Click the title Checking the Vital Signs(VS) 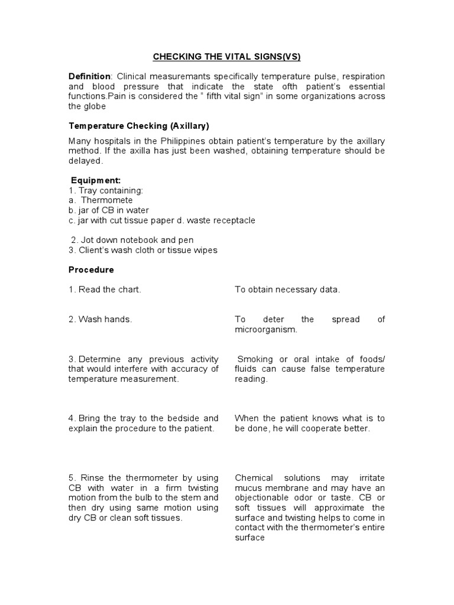227,57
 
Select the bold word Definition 89,76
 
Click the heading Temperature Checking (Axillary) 139,126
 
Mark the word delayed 85,161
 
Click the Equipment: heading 96,180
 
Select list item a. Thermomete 100,200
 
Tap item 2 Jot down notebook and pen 132,240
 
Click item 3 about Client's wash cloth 142,250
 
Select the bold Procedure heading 91,269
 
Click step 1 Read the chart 105,290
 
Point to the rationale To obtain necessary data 287,290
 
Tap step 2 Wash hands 100,319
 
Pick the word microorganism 265,329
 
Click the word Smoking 255,359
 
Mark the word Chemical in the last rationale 254,477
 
